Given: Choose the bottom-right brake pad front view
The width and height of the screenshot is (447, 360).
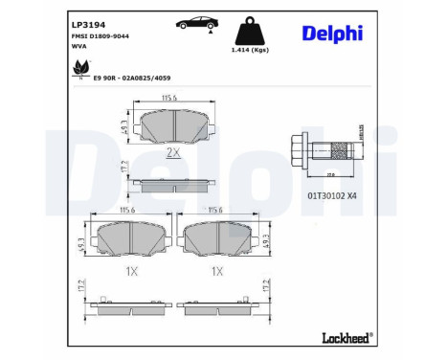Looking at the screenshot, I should (x=216, y=236).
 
